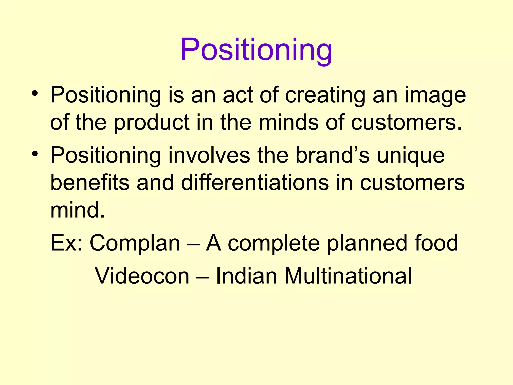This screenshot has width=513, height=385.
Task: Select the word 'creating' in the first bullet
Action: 325,95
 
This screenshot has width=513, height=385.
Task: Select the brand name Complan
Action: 135,243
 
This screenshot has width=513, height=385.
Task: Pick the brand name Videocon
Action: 142,276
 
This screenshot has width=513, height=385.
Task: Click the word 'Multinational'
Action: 348,276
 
